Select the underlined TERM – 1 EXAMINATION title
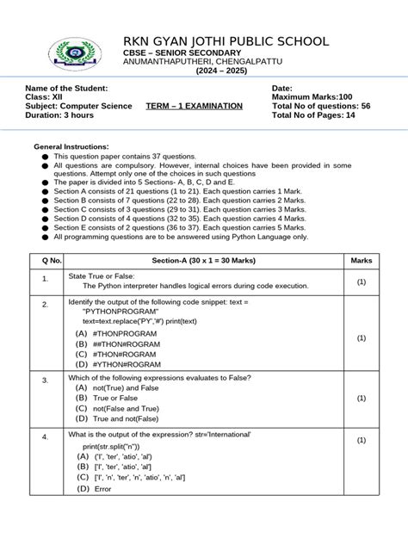(x=194, y=106)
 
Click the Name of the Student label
(x=67, y=89)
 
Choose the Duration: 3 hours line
(x=63, y=114)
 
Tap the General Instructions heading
(x=71, y=147)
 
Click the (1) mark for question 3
(x=362, y=399)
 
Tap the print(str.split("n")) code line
(x=121, y=447)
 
